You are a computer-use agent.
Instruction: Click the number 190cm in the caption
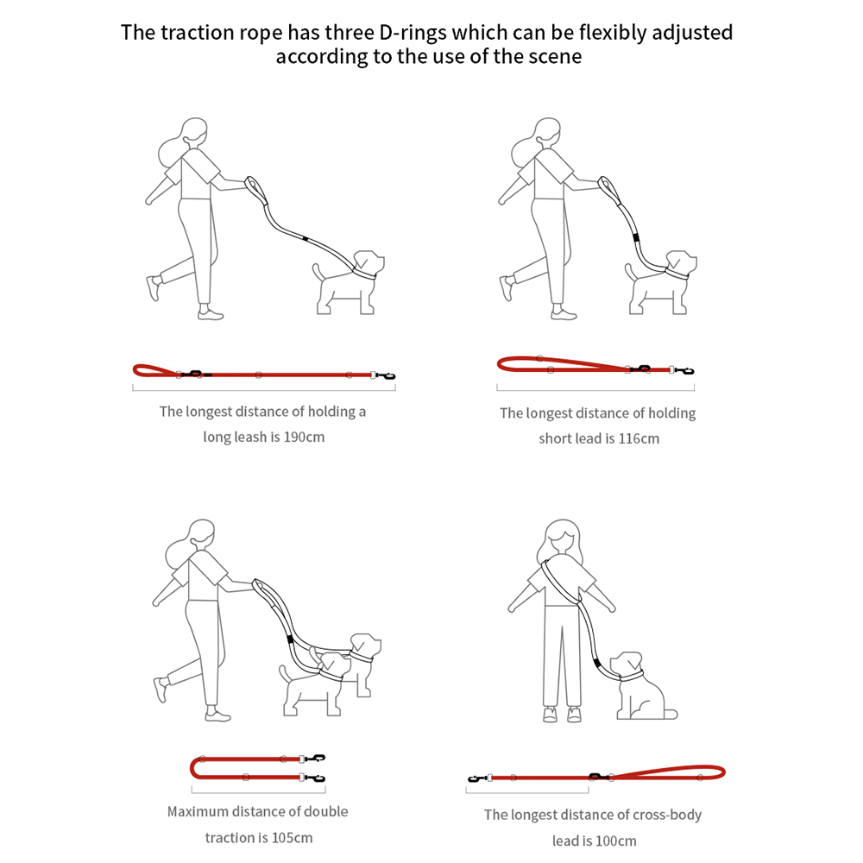304,437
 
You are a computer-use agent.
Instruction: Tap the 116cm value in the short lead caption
639,438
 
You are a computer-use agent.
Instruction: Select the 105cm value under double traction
293,838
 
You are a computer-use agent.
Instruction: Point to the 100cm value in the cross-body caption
616,841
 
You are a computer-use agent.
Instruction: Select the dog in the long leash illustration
349,283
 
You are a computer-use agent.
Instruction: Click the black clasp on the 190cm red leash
385,376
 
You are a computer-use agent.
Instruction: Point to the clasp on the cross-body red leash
477,778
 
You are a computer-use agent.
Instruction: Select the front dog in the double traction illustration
315,683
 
